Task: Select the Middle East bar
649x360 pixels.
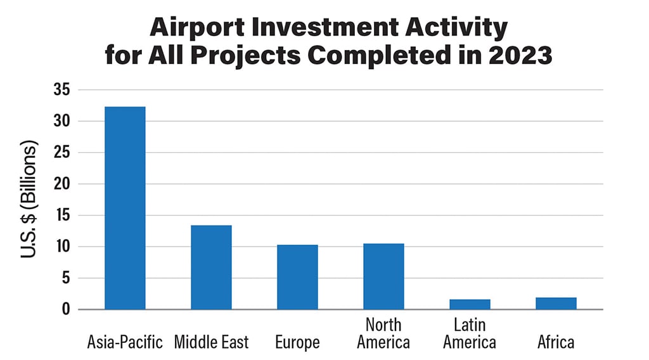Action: pos(211,267)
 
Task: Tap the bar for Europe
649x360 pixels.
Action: pos(297,277)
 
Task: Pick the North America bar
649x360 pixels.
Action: pos(383,276)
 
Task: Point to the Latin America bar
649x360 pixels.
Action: pos(470,304)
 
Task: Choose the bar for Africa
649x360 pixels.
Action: pos(556,304)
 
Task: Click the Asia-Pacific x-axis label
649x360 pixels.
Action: pos(125,343)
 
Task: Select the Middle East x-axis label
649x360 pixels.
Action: pos(212,343)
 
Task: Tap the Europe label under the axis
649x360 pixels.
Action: pos(297,343)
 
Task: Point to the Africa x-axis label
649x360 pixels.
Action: pos(556,343)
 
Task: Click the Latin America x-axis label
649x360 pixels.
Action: pos(470,334)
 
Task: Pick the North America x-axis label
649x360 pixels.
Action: pos(383,334)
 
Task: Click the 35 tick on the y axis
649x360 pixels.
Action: pos(63,89)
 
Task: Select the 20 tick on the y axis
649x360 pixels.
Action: pos(63,184)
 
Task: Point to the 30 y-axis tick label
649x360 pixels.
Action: pos(63,121)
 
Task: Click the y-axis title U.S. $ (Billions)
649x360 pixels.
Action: pos(29,199)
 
